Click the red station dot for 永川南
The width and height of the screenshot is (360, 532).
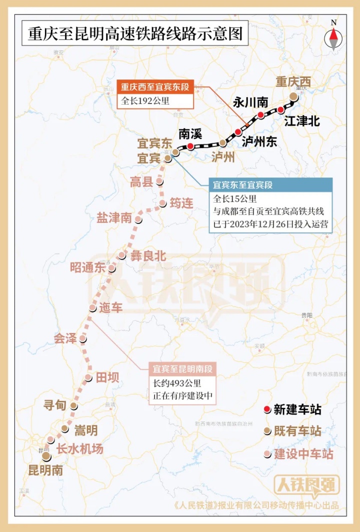tap(260, 115)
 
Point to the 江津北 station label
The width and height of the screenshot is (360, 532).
tap(301, 121)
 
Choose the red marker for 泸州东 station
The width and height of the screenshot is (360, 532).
tap(238, 131)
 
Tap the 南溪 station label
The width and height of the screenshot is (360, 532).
tap(190, 134)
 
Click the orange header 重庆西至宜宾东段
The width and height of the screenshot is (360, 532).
tap(155, 87)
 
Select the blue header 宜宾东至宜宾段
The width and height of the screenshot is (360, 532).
tap(243, 185)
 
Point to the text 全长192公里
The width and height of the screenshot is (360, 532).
tap(145, 100)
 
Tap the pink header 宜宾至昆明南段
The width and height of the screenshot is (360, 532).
tap(183, 370)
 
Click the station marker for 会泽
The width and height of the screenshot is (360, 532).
tap(82, 339)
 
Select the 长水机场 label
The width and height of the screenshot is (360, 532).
tap(79, 449)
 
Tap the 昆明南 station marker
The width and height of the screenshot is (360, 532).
tap(46, 456)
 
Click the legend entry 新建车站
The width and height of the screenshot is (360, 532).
tap(297, 409)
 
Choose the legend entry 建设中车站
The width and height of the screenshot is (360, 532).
tap(303, 454)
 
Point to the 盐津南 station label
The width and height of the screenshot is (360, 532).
tap(114, 217)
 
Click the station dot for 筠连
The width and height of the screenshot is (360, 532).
tap(162, 203)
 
